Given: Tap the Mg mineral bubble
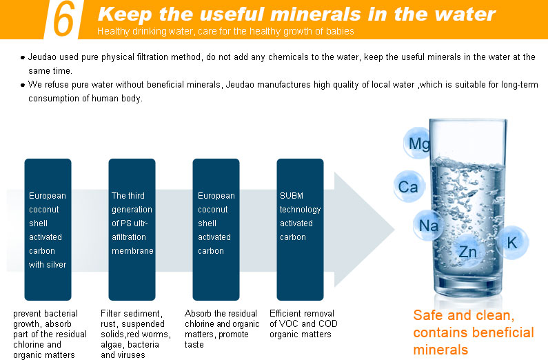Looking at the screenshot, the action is coord(418,143).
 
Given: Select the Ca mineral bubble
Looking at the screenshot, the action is coord(409,186).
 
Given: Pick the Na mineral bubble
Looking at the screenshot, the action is coord(428,226).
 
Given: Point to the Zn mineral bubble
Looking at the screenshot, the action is coord(467,251).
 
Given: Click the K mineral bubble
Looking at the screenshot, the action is coord(512,243).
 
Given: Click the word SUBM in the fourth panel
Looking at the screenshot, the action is coord(292,196).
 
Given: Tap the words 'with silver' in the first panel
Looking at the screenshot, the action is coord(48,265).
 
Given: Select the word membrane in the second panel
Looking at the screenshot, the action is coord(132,250).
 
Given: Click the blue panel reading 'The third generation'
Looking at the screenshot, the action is coord(132,229).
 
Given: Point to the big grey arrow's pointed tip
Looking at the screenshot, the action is coord(394,230).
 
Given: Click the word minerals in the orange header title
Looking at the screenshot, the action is coord(316,14).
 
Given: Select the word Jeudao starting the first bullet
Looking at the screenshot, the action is coord(42,57).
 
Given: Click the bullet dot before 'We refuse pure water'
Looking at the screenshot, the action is coord(23,86).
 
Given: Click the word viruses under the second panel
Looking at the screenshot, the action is coord(134,354).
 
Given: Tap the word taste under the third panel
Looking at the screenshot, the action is coord(194,344).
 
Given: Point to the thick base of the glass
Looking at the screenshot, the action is coord(468,286).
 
